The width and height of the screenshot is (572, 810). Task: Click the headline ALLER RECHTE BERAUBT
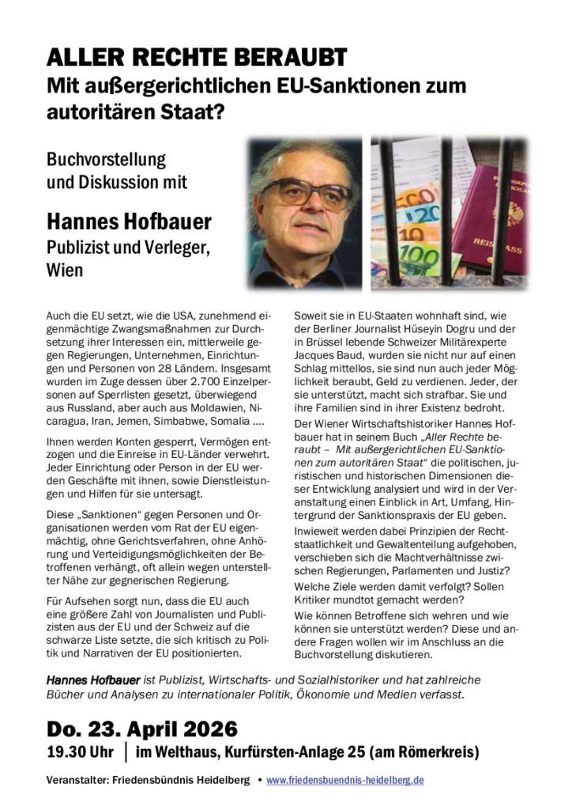[x=197, y=58]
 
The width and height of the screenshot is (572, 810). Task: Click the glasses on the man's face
[x=304, y=190]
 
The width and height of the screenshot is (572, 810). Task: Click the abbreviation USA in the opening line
[x=164, y=315]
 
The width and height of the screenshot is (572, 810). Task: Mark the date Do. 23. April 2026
[x=142, y=728]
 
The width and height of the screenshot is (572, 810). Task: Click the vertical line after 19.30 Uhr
[x=126, y=751]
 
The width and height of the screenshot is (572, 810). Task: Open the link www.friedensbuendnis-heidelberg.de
[x=345, y=780]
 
